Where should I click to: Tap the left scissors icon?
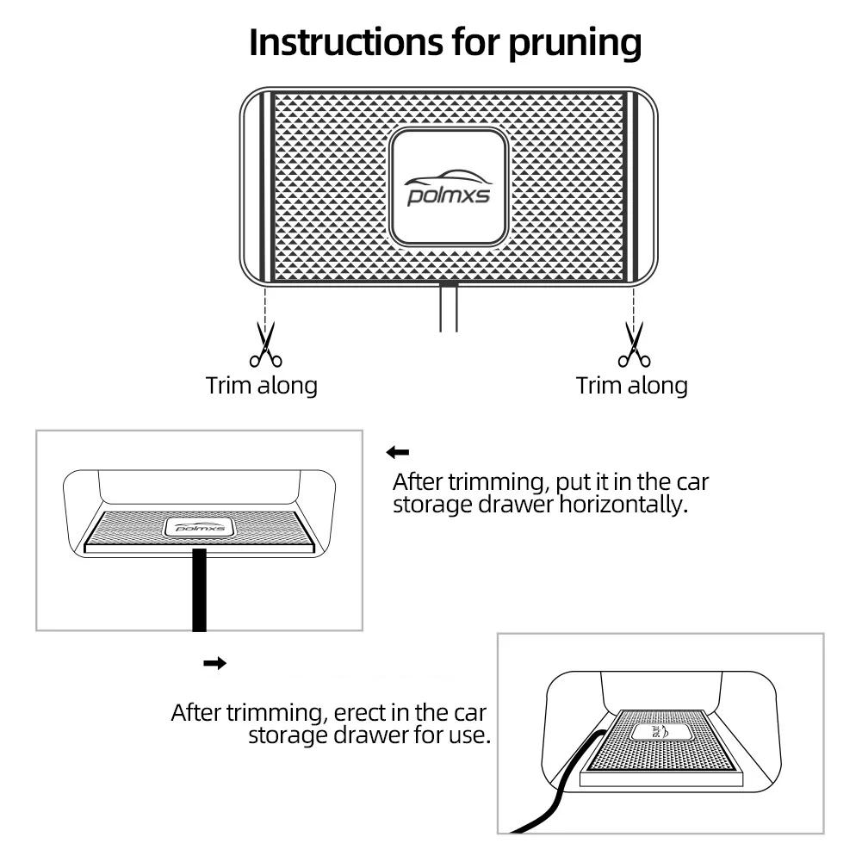pos(265,344)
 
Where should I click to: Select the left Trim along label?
pos(262,385)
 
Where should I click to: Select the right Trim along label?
pos(632,385)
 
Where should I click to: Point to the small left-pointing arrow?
pos(398,452)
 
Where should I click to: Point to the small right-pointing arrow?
pos(214,663)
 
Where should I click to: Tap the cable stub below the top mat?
pos(449,310)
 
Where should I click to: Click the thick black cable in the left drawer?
pos(199,594)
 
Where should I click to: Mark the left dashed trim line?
pos(265,306)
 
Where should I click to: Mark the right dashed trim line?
pos(634,306)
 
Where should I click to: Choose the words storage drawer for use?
pos(369,736)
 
